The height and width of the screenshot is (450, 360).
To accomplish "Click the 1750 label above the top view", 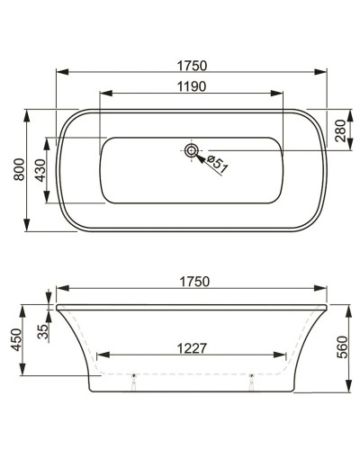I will click(x=191, y=65).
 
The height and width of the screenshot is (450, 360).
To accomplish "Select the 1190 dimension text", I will click(x=191, y=86).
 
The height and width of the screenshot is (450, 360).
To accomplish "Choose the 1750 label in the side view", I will click(x=191, y=282).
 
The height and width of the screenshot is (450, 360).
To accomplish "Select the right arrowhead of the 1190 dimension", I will click(x=281, y=94).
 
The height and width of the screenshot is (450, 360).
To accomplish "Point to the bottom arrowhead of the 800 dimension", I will click(x=30, y=232).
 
